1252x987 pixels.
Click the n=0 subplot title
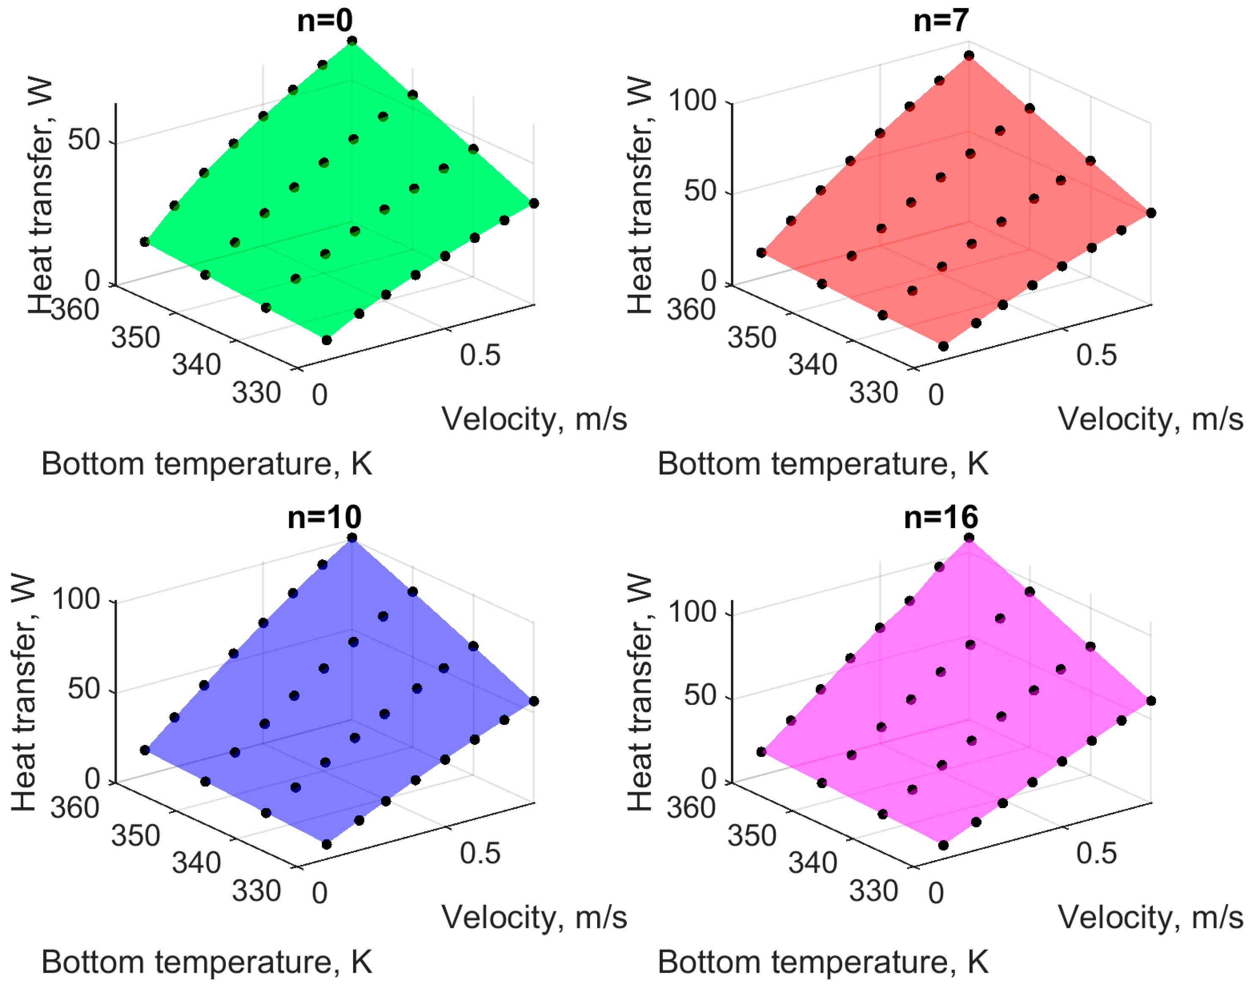pos(324,21)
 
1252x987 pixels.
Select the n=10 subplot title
pos(324,517)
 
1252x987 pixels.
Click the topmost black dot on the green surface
pos(352,41)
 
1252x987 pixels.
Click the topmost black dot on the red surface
pos(969,55)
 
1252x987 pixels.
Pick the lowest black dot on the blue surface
pos(327,844)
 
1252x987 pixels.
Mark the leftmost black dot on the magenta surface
pos(761,752)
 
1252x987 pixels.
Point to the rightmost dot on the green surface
pos(533,203)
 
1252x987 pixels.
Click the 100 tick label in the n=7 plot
pos(692,101)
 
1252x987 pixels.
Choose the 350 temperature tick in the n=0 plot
pos(135,337)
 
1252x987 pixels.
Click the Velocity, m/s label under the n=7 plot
pos(1150,419)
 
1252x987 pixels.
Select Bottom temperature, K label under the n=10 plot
pos(206,962)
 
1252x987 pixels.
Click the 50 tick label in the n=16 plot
pos(700,695)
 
